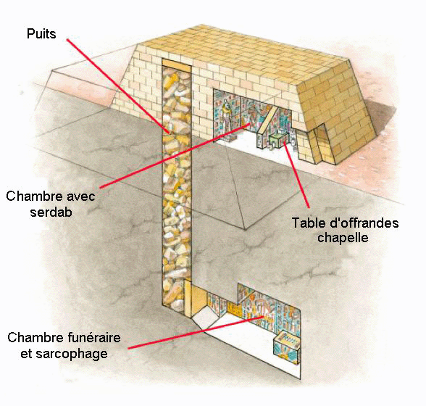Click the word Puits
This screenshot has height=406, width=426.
(41, 34)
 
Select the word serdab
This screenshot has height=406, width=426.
(51, 212)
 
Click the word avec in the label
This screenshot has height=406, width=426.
(80, 196)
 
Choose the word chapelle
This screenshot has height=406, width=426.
(343, 238)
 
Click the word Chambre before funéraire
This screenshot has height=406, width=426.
(35, 337)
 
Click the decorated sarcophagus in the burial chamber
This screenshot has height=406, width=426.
(287, 346)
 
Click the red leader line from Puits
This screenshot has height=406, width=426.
(119, 86)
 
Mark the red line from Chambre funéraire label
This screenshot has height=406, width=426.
(196, 332)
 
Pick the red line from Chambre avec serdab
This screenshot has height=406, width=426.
(175, 155)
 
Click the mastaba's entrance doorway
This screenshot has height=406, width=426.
(322, 144)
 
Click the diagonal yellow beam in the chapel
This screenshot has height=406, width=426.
(268, 120)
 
